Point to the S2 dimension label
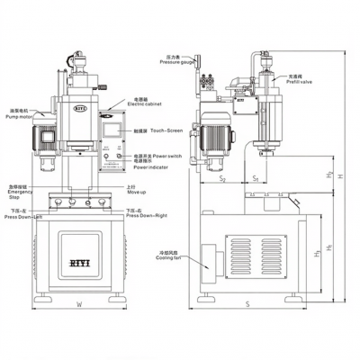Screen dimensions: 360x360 (221, 180)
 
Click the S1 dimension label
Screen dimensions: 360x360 (255, 180)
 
